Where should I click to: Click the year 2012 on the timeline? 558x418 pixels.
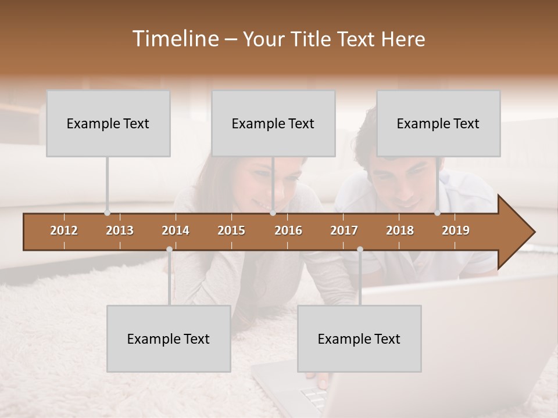[64, 230]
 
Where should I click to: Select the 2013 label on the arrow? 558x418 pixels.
[120, 230]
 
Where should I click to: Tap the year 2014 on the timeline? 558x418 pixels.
[176, 230]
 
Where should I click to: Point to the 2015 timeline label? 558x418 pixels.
[231, 230]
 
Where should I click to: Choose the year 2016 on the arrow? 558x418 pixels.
[288, 230]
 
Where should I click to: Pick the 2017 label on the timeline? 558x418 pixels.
[344, 230]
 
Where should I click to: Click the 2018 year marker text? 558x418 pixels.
[400, 230]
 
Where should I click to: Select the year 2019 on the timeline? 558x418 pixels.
[456, 230]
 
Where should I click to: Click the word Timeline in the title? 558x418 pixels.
[174, 39]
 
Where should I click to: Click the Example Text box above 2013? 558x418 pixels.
[108, 123]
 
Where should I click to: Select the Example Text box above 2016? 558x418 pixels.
[273, 123]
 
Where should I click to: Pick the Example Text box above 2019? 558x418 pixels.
[438, 123]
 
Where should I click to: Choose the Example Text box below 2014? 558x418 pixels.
[169, 338]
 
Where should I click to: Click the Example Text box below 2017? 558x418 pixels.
[359, 338]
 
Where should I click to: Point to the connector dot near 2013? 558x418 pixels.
[107, 213]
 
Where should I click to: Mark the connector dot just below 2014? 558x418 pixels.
[169, 250]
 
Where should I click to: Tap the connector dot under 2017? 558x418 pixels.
[360, 250]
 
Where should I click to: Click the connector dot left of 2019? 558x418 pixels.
[438, 213]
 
